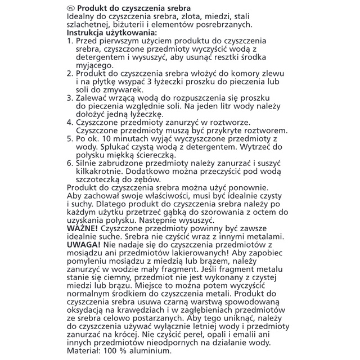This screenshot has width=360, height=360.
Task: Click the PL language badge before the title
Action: click(70, 9)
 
